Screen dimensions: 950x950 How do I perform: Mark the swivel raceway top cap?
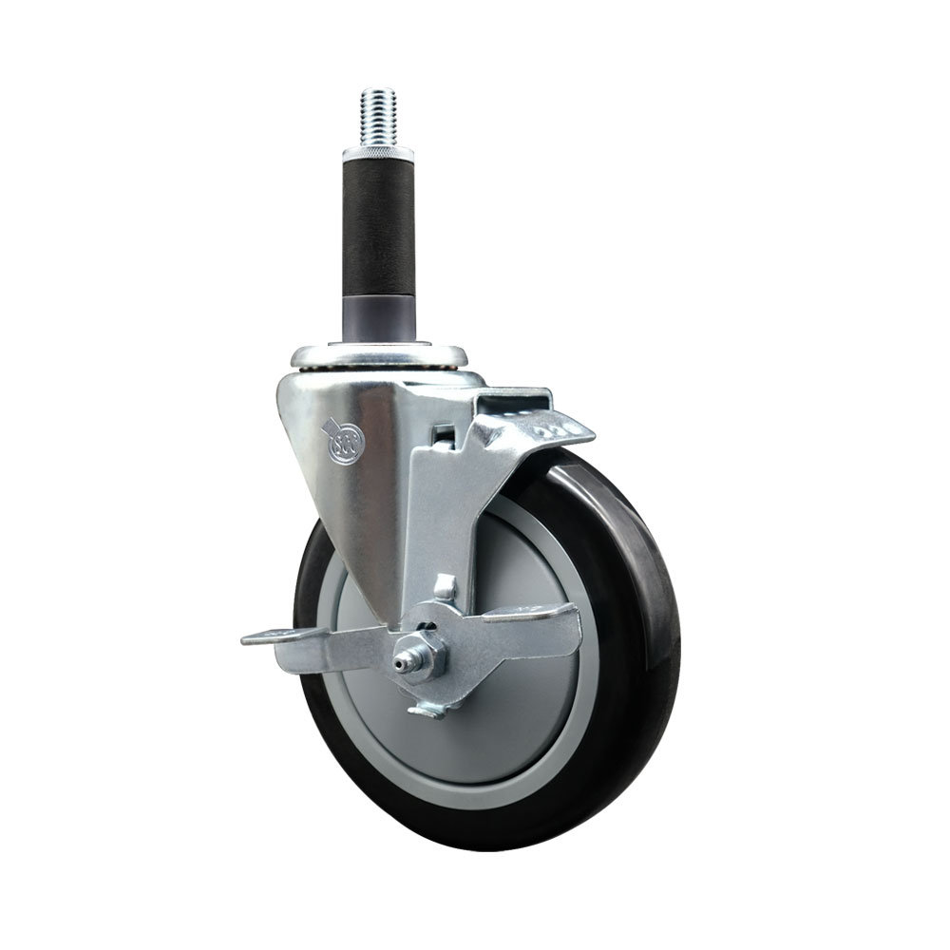coord(380,359)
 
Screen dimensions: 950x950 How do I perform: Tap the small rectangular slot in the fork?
coord(439,438)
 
